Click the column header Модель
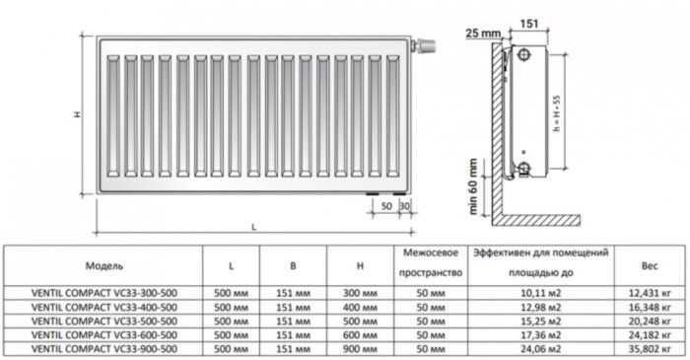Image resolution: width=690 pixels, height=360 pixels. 103,265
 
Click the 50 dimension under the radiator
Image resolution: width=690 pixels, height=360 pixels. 385,204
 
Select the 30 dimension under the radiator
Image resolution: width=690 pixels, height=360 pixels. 404,204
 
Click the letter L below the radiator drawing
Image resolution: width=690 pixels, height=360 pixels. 254,227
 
